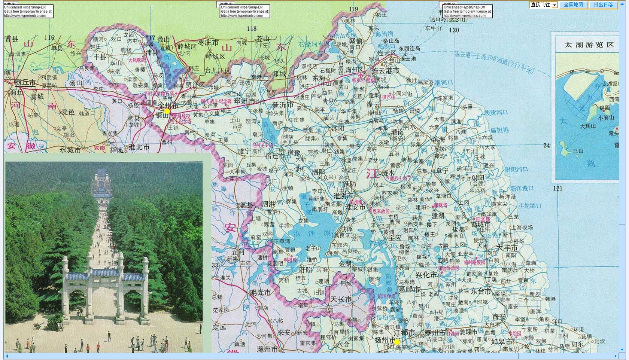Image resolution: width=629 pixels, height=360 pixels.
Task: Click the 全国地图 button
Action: [x=573, y=5]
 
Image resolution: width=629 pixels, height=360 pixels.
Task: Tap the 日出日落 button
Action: [x=603, y=5]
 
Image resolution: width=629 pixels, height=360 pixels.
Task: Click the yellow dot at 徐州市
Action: [x=167, y=111]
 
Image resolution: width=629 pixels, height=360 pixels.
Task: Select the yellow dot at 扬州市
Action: [x=397, y=341]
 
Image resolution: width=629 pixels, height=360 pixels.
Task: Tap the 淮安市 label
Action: [x=355, y=207]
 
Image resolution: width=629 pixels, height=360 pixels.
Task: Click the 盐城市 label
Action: [x=481, y=225]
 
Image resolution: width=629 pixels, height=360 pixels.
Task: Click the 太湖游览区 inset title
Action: [x=589, y=45]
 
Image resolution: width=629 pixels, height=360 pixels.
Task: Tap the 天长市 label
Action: [x=340, y=299]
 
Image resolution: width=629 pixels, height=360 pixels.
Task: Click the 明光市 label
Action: [x=260, y=293]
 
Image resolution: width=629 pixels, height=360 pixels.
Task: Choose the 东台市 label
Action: [x=480, y=291]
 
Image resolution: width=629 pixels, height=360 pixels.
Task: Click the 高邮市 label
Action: [x=409, y=289]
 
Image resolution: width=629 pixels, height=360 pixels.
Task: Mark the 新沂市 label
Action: [x=283, y=105]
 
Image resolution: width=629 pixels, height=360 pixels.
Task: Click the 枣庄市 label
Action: [x=208, y=43]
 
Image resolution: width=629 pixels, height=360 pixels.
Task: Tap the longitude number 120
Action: [x=454, y=30]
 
